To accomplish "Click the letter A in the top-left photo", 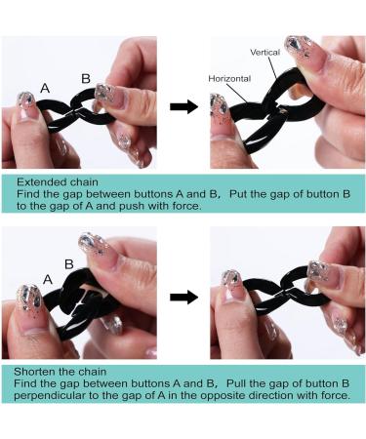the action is point(45,88).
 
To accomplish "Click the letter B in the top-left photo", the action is point(86,78).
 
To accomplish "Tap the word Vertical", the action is point(265,52).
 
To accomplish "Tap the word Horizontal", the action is point(229,78).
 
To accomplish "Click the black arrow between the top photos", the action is point(183,106).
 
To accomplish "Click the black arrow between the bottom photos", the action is point(183,297).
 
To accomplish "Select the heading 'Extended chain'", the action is point(58,181).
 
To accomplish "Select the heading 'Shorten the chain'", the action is point(61,372).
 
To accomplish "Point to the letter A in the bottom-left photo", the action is point(48,279).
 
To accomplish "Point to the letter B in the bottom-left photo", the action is point(69,263).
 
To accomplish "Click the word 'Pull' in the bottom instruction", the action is point(237,383).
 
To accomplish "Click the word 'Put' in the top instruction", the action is point(238,194).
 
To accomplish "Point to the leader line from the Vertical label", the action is point(272,68).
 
